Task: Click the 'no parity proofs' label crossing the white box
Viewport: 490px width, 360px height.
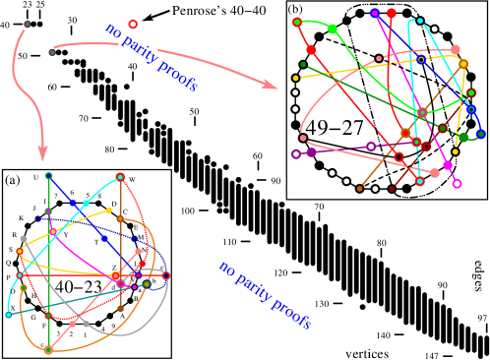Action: coord(151,57)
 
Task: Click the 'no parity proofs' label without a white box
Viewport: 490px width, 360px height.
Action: coord(264,295)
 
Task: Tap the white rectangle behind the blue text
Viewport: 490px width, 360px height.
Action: coord(138,46)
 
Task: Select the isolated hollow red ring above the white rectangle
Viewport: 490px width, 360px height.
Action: coord(133,24)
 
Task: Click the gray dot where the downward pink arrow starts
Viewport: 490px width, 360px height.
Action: coord(28,24)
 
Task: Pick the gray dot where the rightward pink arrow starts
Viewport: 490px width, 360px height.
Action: coord(52,51)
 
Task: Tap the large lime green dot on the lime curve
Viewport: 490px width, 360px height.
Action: coord(333,29)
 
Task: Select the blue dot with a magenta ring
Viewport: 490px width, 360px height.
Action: coord(375,13)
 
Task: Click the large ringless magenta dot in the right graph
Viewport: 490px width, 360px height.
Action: coord(448,165)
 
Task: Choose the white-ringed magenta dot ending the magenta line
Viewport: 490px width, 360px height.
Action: coord(457,184)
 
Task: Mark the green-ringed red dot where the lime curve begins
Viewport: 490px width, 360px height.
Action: coord(297,22)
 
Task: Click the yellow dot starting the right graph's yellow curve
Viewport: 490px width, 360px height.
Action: coord(295,78)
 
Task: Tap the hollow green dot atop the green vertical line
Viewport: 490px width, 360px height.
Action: coord(49,176)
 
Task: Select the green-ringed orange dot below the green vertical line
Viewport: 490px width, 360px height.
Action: coord(48,349)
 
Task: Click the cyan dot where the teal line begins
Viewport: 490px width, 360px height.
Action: coord(9,315)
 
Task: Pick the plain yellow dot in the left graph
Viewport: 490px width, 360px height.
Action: coord(109,210)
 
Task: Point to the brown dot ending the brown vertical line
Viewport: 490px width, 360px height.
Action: coord(121,309)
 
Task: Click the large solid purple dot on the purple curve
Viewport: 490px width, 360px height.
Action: coord(312,152)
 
